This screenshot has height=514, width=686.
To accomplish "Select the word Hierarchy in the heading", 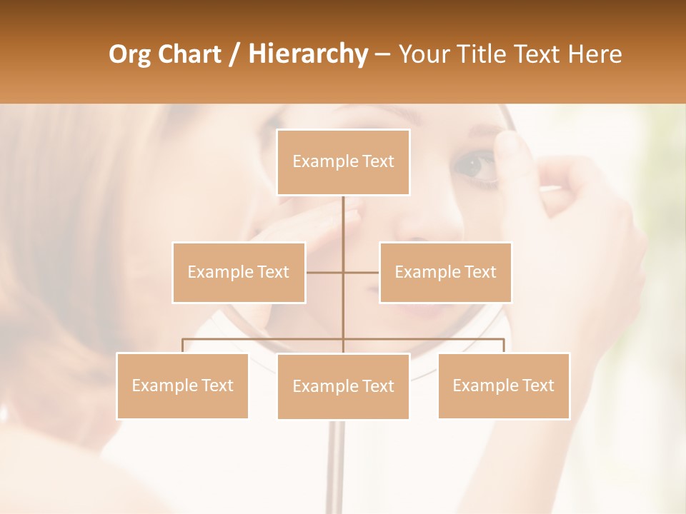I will click(307, 54).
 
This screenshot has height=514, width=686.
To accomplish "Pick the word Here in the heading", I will click(595, 54).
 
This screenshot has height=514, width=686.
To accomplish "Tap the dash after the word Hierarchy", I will click(382, 55).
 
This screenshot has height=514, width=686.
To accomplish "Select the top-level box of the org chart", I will click(343, 162).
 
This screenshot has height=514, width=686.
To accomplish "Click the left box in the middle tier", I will click(239, 272).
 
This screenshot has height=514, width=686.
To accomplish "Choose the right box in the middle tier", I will click(445, 272).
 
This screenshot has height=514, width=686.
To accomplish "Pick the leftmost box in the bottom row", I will click(182, 385).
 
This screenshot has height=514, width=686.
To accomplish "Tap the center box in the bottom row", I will click(343, 386).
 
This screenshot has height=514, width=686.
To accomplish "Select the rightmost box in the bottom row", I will click(504, 385).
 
